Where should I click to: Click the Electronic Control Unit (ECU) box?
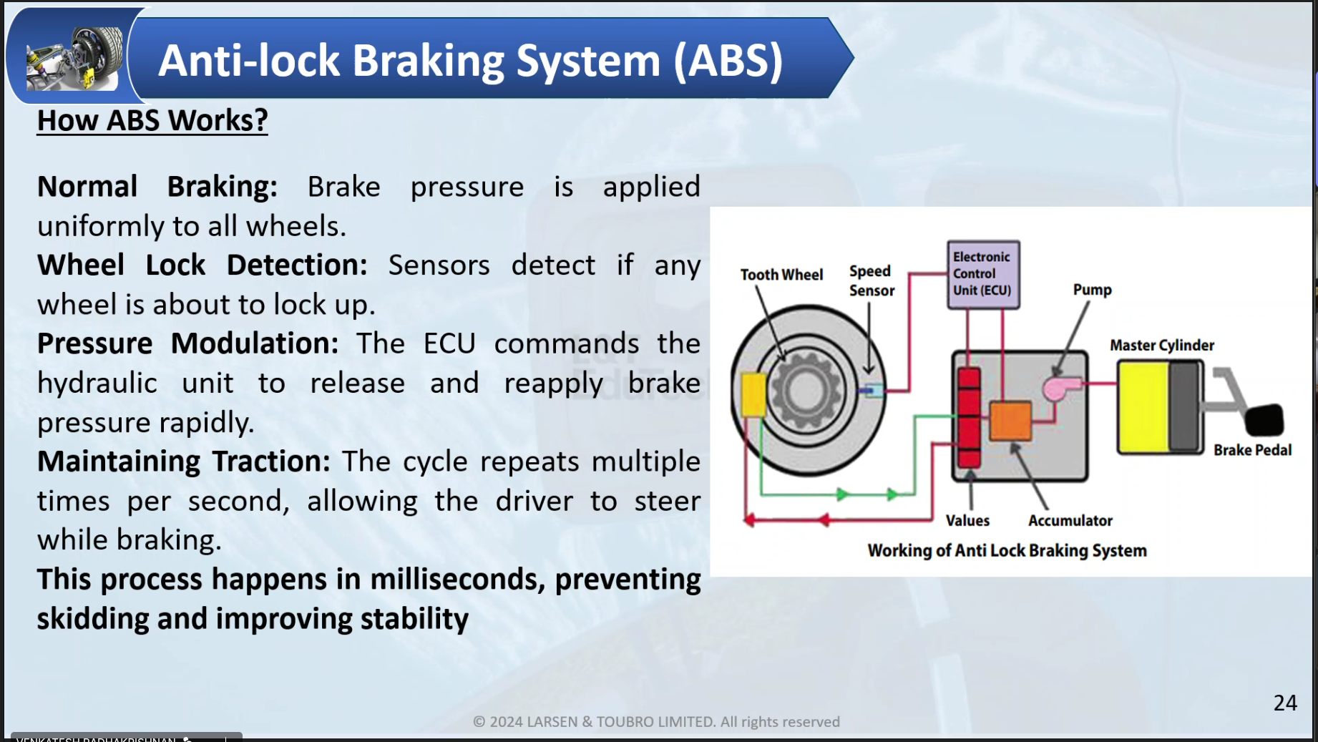pyautogui.click(x=983, y=275)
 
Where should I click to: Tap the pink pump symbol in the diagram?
pyautogui.click(x=1058, y=389)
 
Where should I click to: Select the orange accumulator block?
pyautogui.click(x=1010, y=421)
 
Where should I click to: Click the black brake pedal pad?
pyautogui.click(x=1264, y=420)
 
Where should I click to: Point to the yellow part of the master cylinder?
pyautogui.click(x=1143, y=407)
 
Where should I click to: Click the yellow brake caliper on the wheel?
pyautogui.click(x=753, y=394)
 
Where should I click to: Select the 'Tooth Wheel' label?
pyautogui.click(x=781, y=275)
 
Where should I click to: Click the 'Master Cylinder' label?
pyautogui.click(x=1161, y=345)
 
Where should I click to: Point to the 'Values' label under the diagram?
pyautogui.click(x=967, y=520)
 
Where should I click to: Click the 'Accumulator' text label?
pyautogui.click(x=1070, y=520)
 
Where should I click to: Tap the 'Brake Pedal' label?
pyautogui.click(x=1252, y=450)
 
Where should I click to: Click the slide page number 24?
pyautogui.click(x=1285, y=703)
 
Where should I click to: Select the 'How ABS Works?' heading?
pyautogui.click(x=152, y=120)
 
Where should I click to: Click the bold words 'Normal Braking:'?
pyautogui.click(x=157, y=187)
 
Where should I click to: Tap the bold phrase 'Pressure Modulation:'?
pyautogui.click(x=187, y=343)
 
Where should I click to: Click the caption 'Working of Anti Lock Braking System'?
pyautogui.click(x=1007, y=550)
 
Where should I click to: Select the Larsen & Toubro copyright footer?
pyautogui.click(x=656, y=721)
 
